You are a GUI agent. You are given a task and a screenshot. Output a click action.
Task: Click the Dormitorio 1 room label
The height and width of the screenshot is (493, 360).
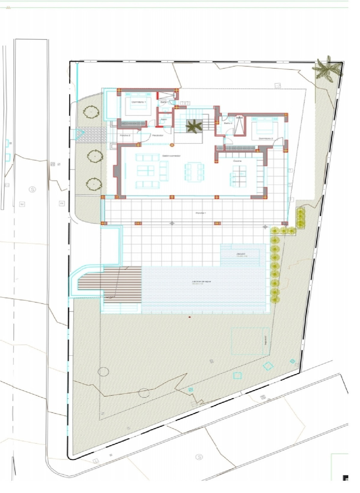138,102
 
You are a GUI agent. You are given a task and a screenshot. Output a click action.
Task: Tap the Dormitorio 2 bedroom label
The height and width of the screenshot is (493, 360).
266,138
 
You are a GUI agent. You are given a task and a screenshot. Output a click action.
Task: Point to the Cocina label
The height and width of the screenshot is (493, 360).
237,161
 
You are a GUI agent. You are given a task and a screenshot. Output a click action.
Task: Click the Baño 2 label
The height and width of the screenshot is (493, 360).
228,123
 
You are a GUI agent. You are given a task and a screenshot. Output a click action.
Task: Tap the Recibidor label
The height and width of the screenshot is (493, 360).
157,135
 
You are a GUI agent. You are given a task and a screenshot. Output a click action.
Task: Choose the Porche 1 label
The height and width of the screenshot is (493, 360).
200,213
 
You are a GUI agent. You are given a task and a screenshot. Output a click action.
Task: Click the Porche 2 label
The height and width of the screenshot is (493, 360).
125,135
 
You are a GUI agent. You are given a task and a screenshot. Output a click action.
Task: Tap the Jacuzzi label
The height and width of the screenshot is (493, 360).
241,255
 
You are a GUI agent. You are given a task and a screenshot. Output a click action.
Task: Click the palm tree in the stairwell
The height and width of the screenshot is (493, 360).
194,126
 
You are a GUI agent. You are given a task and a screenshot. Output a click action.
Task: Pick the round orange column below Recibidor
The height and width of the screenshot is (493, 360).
172,145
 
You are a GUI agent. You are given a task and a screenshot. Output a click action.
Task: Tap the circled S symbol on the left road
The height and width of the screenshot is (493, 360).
32,189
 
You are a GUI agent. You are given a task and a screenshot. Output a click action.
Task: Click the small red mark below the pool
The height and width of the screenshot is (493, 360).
189,317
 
